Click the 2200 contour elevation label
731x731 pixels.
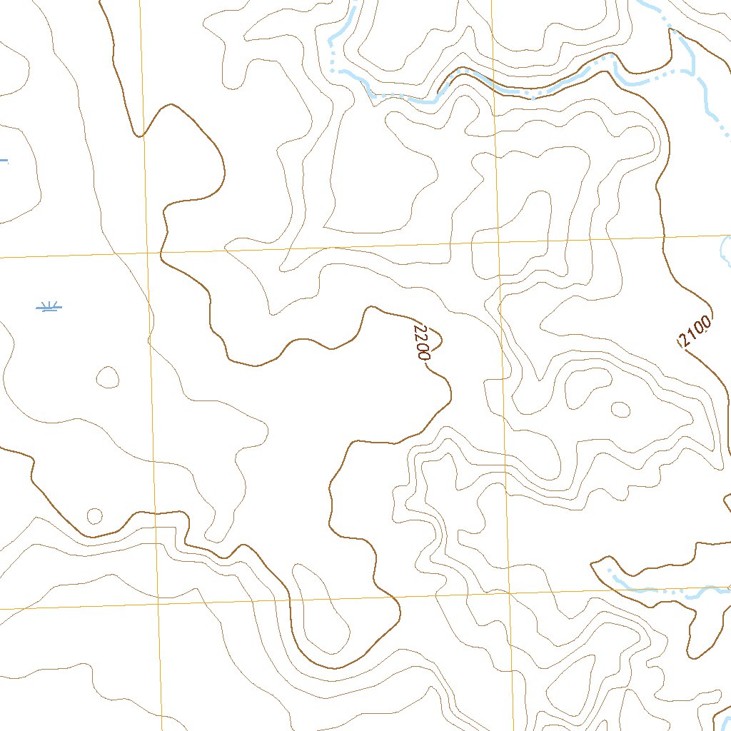tap(420, 341)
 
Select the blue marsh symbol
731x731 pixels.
tap(49, 307)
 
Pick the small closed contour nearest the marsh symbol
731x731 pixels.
tap(108, 377)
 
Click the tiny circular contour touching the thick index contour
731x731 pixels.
tap(94, 515)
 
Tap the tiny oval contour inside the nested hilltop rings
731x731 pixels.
tap(620, 409)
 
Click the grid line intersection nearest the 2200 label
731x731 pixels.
tap(500, 242)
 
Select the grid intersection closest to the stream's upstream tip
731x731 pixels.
tap(510, 593)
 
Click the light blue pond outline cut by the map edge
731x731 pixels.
tap(725, 250)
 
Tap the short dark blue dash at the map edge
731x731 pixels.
tap(4, 161)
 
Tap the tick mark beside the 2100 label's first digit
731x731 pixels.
tap(680, 343)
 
